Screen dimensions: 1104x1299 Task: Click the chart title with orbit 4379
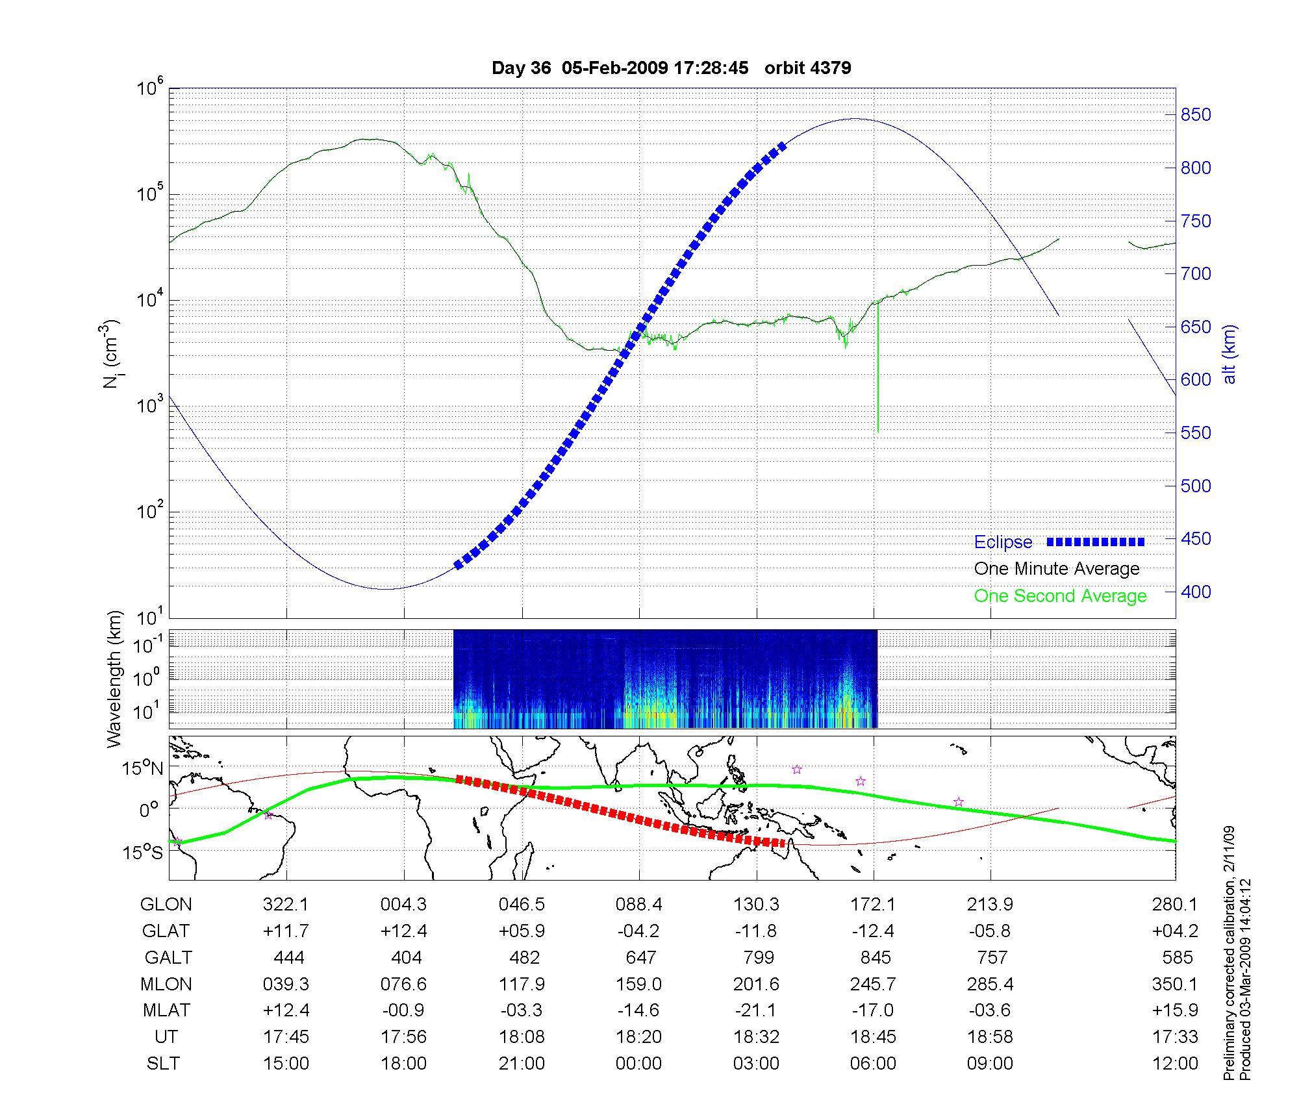pyautogui.click(x=671, y=68)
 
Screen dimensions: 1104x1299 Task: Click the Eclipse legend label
pyautogui.click(x=1003, y=542)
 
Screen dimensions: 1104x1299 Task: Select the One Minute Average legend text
pyautogui.click(x=1057, y=569)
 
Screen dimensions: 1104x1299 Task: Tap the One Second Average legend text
pyautogui.click(x=1060, y=596)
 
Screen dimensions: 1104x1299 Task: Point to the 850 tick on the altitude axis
pyautogui.click(x=1195, y=115)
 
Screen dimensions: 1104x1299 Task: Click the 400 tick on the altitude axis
pyautogui.click(x=1195, y=592)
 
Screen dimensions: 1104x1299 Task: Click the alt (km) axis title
pyautogui.click(x=1229, y=354)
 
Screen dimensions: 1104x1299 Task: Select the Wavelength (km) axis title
pyautogui.click(x=115, y=679)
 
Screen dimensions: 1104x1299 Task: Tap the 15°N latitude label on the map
pyautogui.click(x=143, y=769)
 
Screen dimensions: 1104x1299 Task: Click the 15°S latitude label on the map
pyautogui.click(x=143, y=852)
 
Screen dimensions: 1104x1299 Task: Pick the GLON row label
pyautogui.click(x=166, y=905)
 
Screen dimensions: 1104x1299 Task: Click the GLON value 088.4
pyautogui.click(x=639, y=905)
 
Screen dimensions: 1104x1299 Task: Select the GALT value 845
pyautogui.click(x=875, y=958)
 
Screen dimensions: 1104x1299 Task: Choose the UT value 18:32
pyautogui.click(x=756, y=1037)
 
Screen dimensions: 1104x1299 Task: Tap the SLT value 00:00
pyautogui.click(x=639, y=1064)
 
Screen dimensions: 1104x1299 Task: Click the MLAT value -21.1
pyautogui.click(x=756, y=1010)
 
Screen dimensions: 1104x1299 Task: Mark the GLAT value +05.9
pyautogui.click(x=522, y=931)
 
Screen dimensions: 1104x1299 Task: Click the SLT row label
pyautogui.click(x=164, y=1064)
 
